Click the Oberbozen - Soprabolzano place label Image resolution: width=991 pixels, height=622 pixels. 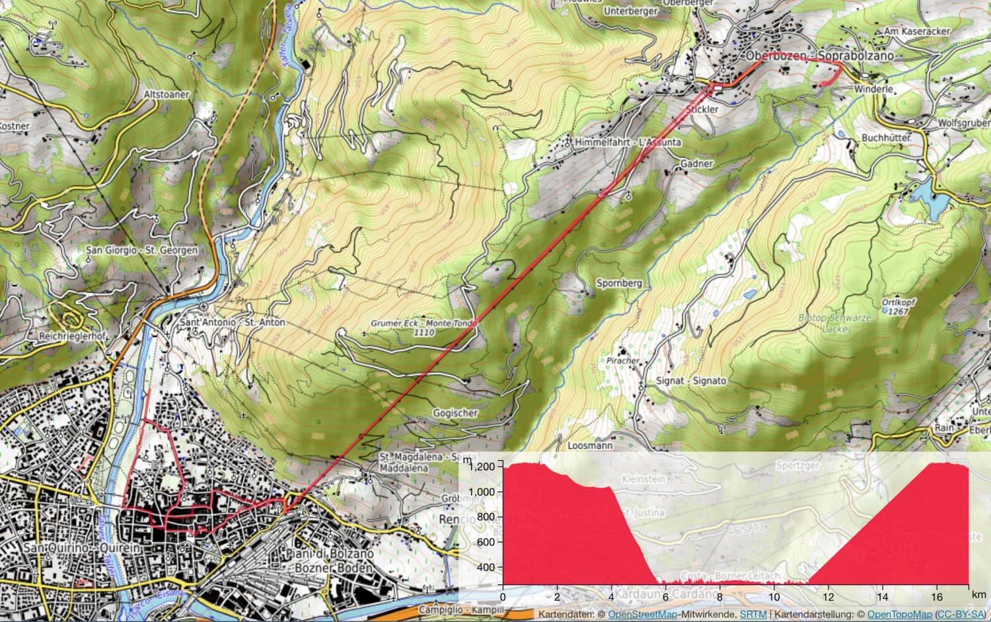(820, 56)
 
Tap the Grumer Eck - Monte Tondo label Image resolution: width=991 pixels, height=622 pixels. (423, 327)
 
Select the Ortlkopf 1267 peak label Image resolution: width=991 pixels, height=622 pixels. (898, 307)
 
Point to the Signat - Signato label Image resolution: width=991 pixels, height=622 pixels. (691, 381)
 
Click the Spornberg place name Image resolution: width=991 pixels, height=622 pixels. (619, 283)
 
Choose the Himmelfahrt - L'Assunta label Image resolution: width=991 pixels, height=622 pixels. (628, 142)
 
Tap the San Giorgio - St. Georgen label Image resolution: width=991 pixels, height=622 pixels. (141, 251)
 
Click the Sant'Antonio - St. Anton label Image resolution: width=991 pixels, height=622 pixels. (233, 322)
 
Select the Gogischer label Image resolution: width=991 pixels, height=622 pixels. (455, 413)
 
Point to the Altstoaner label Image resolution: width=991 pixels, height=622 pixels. (166, 95)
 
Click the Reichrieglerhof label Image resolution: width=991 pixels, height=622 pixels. (72, 336)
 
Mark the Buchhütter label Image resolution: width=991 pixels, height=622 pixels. (886, 137)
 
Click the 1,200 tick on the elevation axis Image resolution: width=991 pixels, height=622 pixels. (482, 467)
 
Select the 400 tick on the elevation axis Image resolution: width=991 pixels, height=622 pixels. (485, 567)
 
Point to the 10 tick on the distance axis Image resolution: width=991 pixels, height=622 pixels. (774, 597)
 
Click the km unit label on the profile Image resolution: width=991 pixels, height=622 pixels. (978, 595)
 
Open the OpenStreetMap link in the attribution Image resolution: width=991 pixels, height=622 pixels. (642, 615)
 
